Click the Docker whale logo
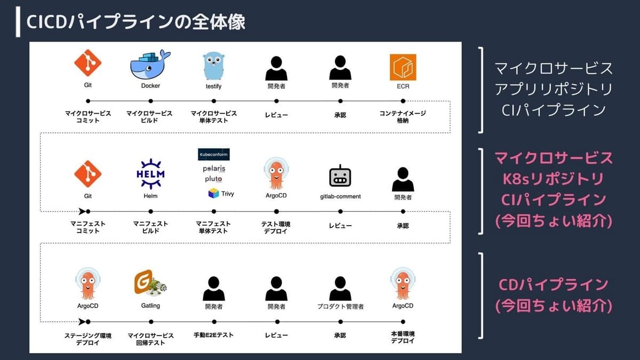coord(150,65)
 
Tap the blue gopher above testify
coord(214,66)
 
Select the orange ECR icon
coord(403,67)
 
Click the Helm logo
coord(150,174)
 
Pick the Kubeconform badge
coord(214,154)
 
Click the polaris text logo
coord(214,169)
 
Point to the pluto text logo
coord(213,179)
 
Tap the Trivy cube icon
coord(213,194)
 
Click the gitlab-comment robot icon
coord(340,176)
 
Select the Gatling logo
coord(150,283)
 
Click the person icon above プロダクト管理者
coord(340,289)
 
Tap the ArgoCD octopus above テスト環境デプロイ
coord(276,173)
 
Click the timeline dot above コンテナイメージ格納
coord(403,101)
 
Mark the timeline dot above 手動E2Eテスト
coord(214,322)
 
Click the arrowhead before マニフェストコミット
coord(82,211)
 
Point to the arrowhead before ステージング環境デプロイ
coord(82,322)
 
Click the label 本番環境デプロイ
coord(403,338)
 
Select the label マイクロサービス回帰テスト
coord(150,339)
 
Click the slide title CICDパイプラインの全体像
coord(135,22)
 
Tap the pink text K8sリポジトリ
coord(553,179)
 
